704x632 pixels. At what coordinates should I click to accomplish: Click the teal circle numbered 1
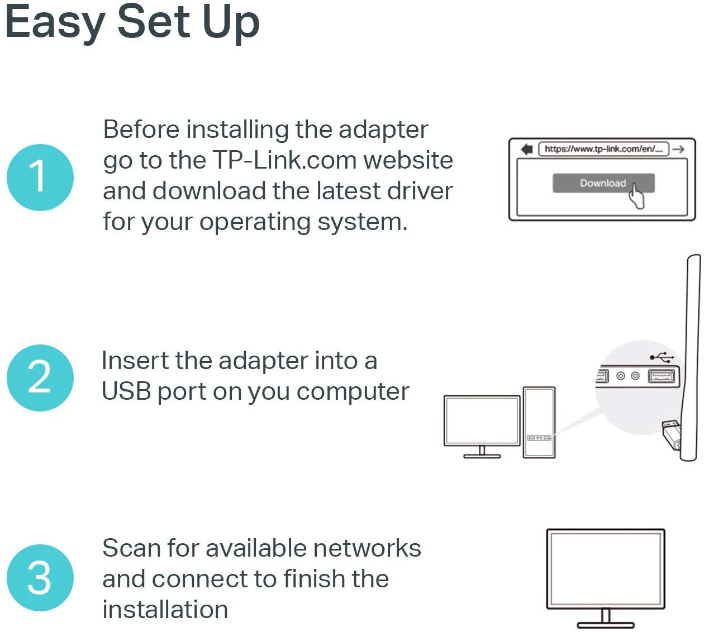[40, 178]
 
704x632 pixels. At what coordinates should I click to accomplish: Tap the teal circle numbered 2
[40, 378]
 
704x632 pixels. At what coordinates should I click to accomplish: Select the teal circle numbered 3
[40, 578]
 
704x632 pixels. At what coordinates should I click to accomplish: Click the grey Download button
[603, 183]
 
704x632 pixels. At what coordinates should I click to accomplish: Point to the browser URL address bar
[603, 149]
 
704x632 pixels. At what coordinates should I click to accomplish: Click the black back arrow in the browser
[527, 149]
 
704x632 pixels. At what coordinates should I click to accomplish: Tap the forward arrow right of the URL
[679, 149]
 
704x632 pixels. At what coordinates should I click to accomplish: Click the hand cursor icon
[636, 196]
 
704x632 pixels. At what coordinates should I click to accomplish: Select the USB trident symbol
[662, 357]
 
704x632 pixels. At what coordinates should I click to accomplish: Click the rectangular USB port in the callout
[662, 376]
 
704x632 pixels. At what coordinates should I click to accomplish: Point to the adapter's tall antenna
[691, 358]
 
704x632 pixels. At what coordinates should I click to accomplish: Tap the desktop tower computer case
[539, 422]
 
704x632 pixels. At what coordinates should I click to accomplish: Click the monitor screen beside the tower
[482, 420]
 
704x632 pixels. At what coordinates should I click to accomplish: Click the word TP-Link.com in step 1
[285, 160]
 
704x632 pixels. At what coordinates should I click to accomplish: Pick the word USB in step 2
[126, 391]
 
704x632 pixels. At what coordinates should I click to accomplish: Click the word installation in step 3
[165, 610]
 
